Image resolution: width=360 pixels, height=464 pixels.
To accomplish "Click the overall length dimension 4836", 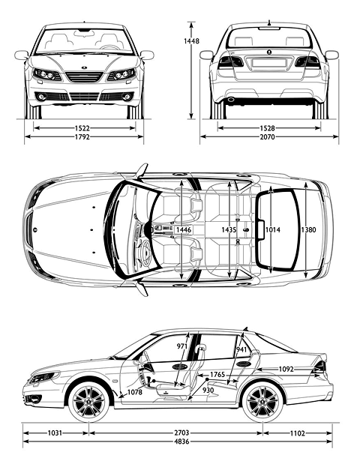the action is click(x=181, y=442).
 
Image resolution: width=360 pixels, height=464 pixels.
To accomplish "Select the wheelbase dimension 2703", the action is click(x=181, y=433).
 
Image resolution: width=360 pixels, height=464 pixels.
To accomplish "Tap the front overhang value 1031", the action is click(x=55, y=433).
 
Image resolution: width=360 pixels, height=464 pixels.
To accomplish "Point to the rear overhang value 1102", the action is click(x=297, y=433).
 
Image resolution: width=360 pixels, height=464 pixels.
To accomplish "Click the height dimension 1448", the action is click(x=191, y=41).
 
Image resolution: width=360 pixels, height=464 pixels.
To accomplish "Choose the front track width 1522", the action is click(x=82, y=128).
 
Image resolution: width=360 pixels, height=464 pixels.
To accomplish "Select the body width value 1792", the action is click(x=82, y=136).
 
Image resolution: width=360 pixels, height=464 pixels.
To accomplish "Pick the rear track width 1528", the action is click(x=267, y=128).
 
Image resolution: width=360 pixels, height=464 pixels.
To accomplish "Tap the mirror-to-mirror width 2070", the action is click(x=267, y=136).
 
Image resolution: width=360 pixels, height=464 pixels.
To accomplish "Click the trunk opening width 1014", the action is click(x=273, y=229).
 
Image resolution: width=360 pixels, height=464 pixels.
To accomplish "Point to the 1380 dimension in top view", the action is click(x=308, y=229).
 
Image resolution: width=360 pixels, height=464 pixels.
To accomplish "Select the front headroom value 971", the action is click(x=181, y=346).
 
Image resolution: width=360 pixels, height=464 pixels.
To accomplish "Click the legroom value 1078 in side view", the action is click(x=135, y=392).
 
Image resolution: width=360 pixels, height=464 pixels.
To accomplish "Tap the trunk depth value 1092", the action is click(x=286, y=369).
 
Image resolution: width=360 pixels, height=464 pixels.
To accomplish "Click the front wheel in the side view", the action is click(x=88, y=402).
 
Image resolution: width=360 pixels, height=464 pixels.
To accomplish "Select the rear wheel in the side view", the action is click(x=262, y=402).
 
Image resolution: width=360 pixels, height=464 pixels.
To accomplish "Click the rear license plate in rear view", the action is click(x=268, y=63).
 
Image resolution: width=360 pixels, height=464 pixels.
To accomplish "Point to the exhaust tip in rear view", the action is click(x=231, y=100).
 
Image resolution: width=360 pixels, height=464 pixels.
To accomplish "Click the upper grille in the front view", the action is click(x=84, y=77).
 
